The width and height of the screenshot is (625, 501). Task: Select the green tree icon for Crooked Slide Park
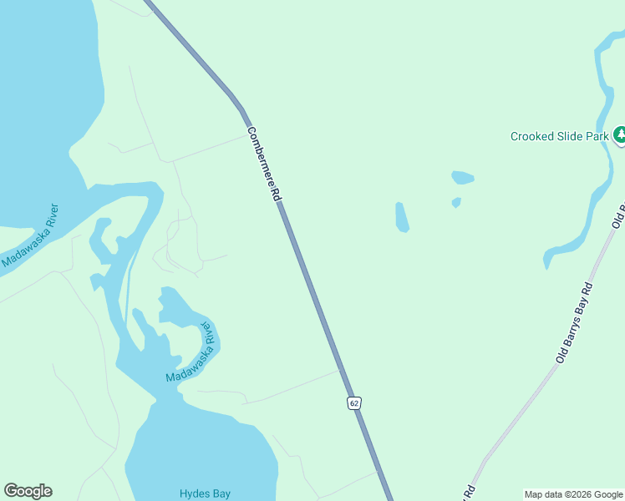(x=619, y=134)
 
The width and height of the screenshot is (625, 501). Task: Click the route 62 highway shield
(x=354, y=403)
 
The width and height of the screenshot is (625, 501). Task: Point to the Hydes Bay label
(x=205, y=493)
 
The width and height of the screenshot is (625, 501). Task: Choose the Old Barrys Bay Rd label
(x=575, y=322)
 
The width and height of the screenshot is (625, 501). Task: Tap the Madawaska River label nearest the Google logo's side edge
(x=30, y=236)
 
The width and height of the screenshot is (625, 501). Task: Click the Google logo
(x=28, y=491)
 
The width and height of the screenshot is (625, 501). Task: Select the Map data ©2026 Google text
(x=574, y=494)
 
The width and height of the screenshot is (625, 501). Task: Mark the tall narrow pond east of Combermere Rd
(x=401, y=217)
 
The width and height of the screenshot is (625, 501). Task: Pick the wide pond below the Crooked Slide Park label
(x=462, y=178)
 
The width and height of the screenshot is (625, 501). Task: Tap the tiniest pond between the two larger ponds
(x=456, y=202)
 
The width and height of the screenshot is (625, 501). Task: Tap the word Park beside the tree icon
(x=597, y=136)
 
